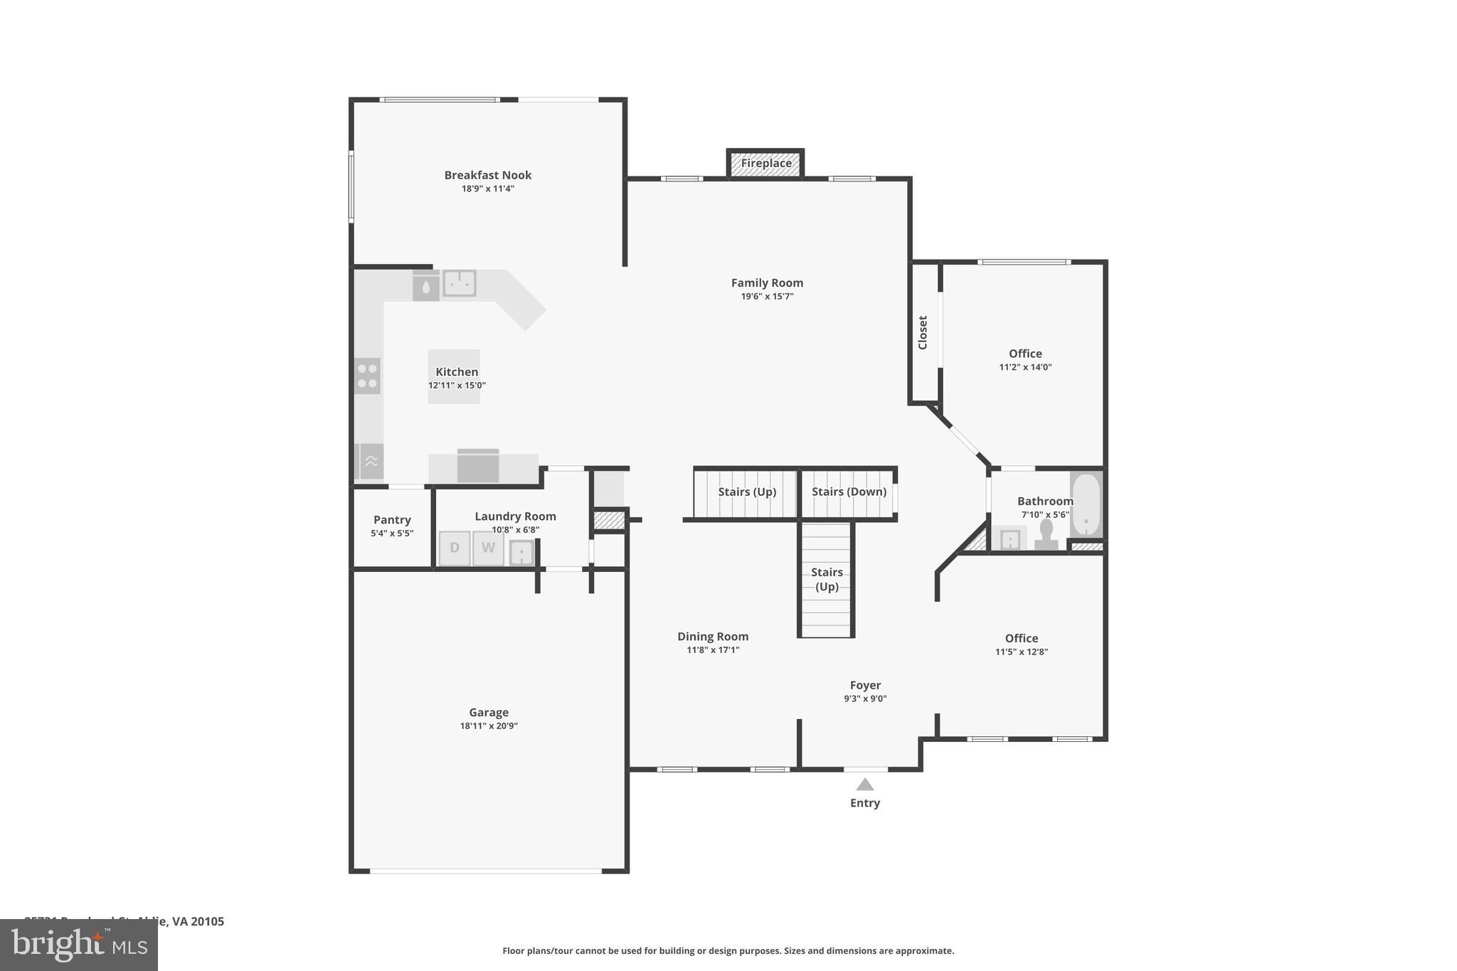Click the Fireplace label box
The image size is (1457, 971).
[x=765, y=164]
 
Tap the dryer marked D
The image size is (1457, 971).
[x=455, y=548]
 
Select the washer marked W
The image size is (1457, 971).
[x=488, y=548]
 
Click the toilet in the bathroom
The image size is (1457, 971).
[x=1046, y=534]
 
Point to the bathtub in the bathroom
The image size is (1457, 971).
[x=1086, y=504]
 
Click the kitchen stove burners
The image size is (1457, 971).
[x=367, y=376]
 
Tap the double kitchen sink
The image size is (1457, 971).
[x=460, y=283]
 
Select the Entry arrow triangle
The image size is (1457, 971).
[x=864, y=785]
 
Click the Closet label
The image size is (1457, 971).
[x=923, y=332]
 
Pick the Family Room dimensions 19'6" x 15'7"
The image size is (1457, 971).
[x=767, y=297]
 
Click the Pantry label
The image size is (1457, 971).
[x=392, y=520]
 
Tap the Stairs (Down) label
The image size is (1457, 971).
[x=849, y=492]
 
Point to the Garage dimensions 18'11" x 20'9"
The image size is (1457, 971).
[x=489, y=726]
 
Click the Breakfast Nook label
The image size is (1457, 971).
[x=488, y=175]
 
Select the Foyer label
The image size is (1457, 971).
[x=865, y=685]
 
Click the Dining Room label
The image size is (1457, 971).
[x=713, y=637]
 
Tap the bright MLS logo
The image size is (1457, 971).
[x=79, y=945]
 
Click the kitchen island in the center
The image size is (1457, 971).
[x=454, y=376]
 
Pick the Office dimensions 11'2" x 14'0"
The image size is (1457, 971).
[x=1025, y=368]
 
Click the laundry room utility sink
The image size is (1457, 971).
[x=521, y=553]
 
